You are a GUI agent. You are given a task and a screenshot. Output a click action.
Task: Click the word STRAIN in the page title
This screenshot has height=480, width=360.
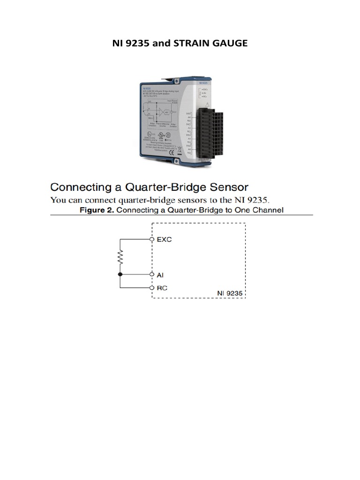187,44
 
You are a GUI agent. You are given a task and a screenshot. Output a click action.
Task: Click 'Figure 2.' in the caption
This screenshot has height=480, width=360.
97,210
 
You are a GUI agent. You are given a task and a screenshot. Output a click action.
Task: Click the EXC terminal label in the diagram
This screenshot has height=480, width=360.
164,240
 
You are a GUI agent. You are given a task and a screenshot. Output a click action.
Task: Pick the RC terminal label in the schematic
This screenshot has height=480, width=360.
162,287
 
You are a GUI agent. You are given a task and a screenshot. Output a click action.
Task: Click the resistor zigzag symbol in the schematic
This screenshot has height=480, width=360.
120,256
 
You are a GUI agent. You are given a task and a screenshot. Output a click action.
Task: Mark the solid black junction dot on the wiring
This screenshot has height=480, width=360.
120,274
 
